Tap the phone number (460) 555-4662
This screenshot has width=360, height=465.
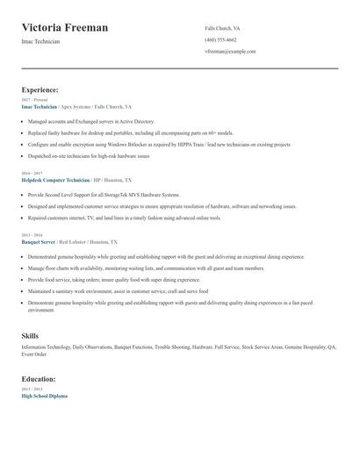click(x=220, y=39)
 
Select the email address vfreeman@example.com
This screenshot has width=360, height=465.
click(x=230, y=51)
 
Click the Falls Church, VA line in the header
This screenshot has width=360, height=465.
click(x=222, y=28)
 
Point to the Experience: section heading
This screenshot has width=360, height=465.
click(x=40, y=89)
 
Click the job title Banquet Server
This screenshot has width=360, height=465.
click(x=38, y=240)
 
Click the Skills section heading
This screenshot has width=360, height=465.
click(x=30, y=336)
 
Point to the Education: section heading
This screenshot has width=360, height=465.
click(x=39, y=379)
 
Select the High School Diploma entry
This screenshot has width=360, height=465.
click(x=44, y=396)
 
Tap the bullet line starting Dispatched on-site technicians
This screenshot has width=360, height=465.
click(x=89, y=155)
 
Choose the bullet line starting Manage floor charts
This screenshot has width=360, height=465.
click(x=146, y=268)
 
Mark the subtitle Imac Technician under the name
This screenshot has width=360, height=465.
click(x=41, y=42)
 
